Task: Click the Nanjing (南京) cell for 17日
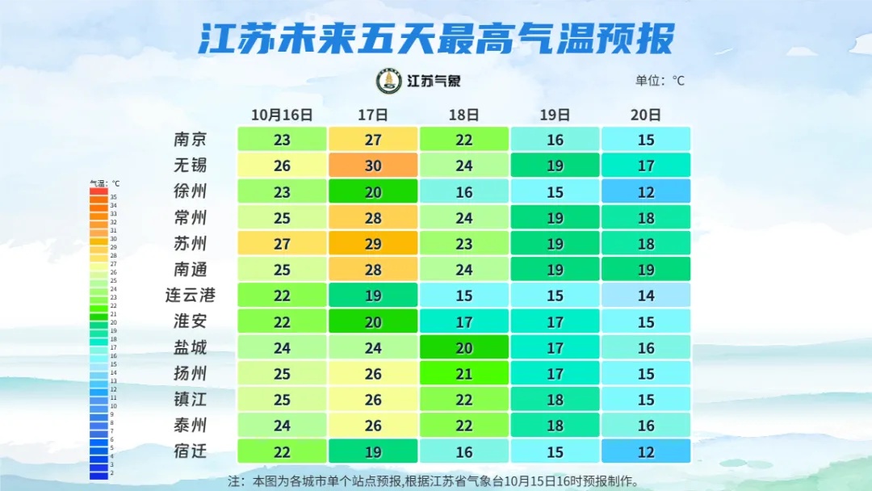point(373,140)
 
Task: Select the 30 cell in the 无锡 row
point(373,166)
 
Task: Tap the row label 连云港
point(191,296)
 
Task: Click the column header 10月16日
point(282,115)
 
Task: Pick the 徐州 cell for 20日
point(646,191)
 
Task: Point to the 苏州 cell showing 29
point(373,243)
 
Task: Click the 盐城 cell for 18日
point(464,347)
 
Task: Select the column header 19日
point(555,115)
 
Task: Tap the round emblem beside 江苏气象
point(389,81)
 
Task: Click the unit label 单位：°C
point(660,81)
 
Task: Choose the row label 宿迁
point(191,451)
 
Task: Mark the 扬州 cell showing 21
point(464,373)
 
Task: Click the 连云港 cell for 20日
point(646,296)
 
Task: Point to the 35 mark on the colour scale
point(99,197)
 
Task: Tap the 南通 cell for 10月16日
point(282,269)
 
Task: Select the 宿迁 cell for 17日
point(373,451)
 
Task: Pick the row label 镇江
point(191,399)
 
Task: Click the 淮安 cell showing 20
point(373,321)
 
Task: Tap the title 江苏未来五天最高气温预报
point(436,38)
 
